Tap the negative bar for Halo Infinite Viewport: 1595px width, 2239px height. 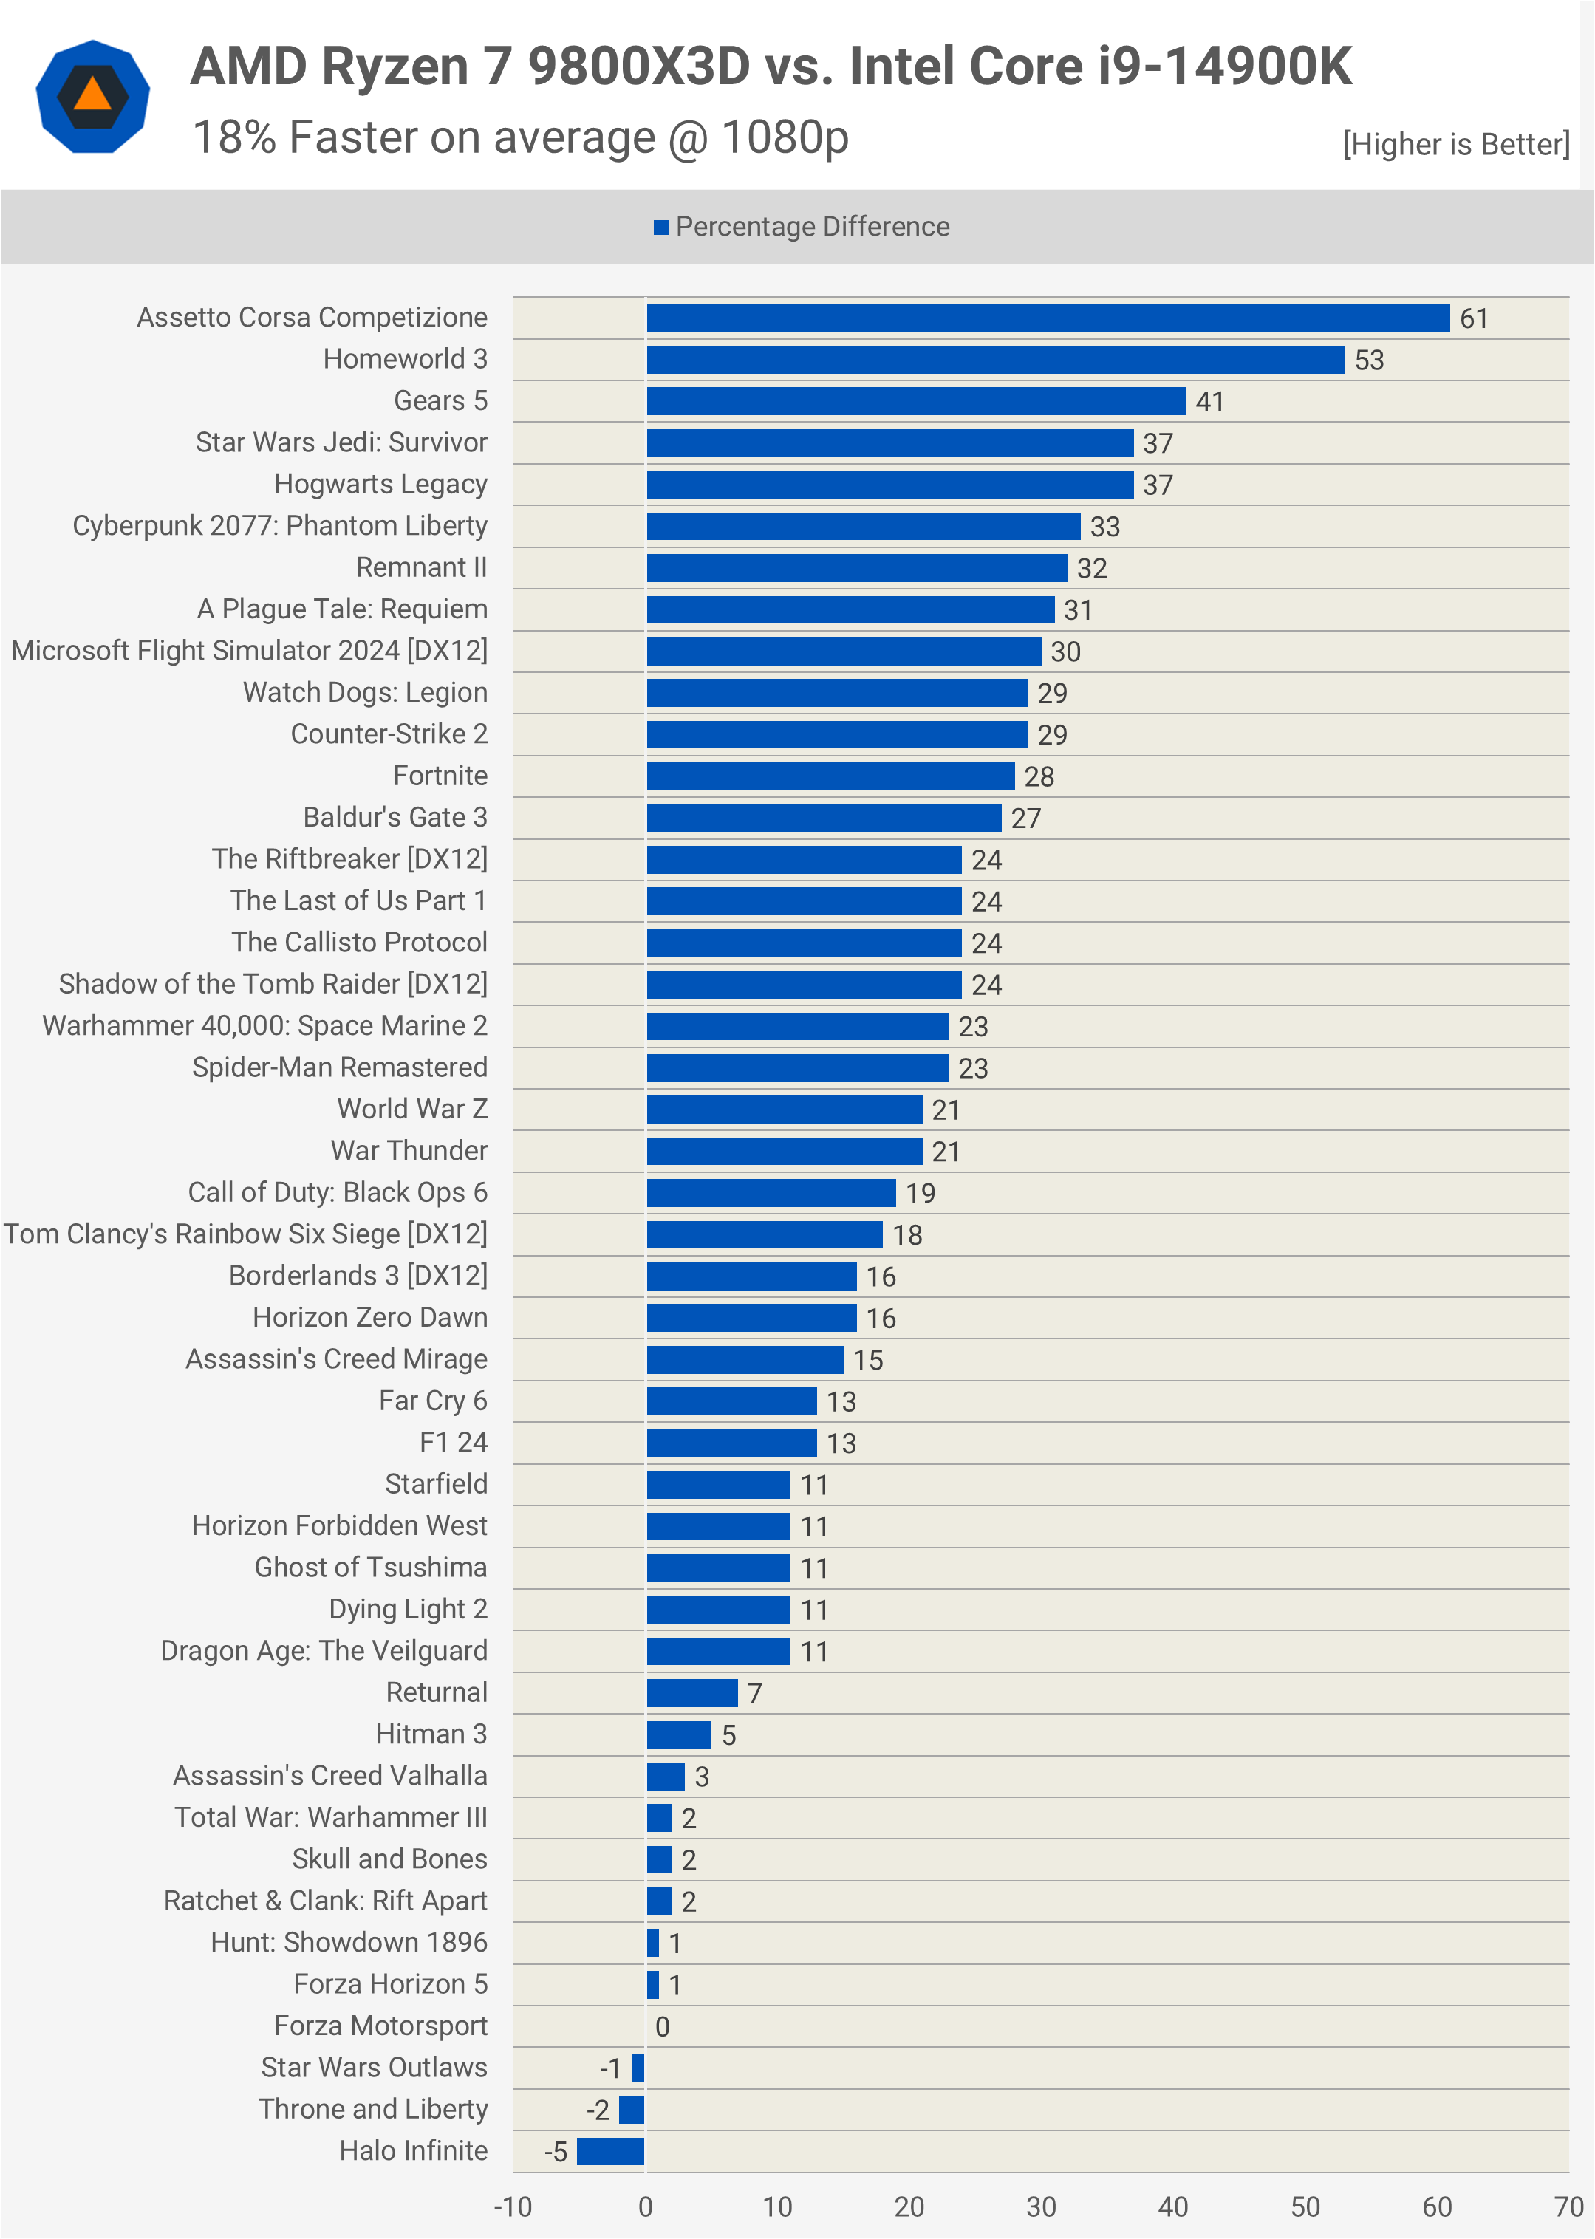pyautogui.click(x=610, y=2150)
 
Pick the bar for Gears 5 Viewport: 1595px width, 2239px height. pyautogui.click(x=915, y=400)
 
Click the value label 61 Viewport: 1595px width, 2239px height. pyautogui.click(x=1473, y=319)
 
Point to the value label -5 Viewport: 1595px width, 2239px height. pyautogui.click(x=556, y=2153)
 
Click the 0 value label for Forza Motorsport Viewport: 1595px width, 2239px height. pyautogui.click(x=662, y=2027)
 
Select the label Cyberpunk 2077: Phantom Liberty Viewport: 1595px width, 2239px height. pyautogui.click(x=280, y=525)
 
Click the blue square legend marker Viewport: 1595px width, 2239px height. pyautogui.click(x=661, y=228)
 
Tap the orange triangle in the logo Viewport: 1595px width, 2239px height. pyautogui.click(x=92, y=95)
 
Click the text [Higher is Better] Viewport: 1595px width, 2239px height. pyautogui.click(x=1455, y=144)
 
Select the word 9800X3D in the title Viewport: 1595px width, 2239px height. pyautogui.click(x=638, y=66)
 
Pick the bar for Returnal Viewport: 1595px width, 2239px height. pyautogui.click(x=691, y=1693)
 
